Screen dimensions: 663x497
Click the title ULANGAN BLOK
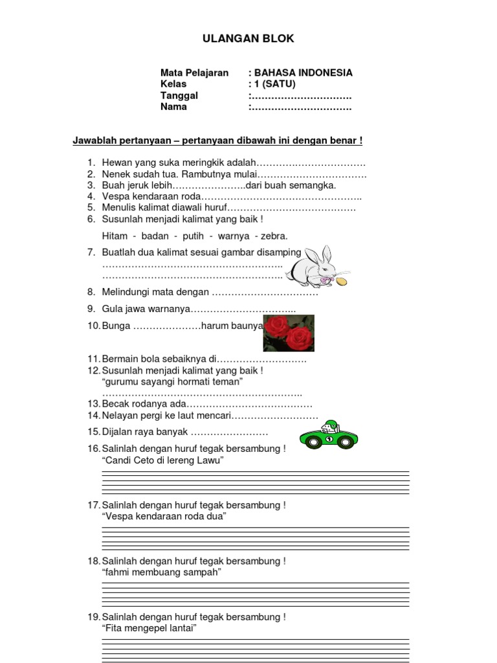point(248,39)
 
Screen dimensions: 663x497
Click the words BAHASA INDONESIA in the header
point(304,73)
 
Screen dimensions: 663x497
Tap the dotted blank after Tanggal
point(302,96)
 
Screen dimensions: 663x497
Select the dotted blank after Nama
point(302,107)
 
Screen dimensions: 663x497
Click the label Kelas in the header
point(173,84)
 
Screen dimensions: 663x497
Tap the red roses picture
point(289,333)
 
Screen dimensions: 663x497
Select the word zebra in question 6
point(274,236)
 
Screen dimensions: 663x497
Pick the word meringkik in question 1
point(183,163)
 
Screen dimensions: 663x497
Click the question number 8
point(91,293)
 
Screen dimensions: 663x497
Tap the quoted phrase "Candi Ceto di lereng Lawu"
point(162,460)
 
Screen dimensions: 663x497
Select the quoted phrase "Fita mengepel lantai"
point(149,628)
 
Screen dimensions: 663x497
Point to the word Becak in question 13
point(115,403)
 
